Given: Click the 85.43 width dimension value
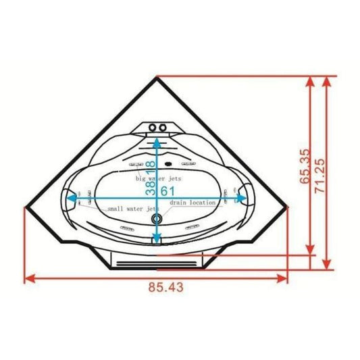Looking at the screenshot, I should (x=164, y=287).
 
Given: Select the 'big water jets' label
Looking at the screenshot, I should (x=159, y=179).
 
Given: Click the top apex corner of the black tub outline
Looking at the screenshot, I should (x=157, y=76).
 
